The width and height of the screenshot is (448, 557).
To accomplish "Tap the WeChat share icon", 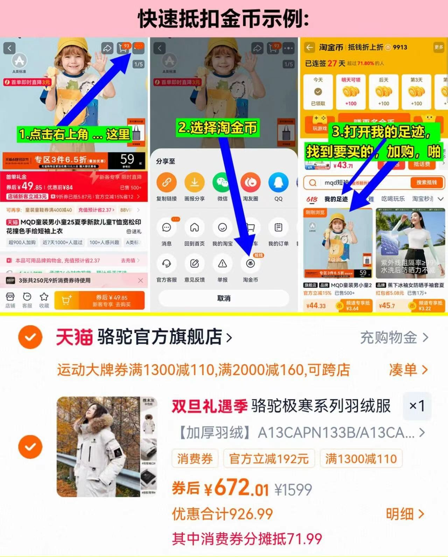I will tap(222, 183).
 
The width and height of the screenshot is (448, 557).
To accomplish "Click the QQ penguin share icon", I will tap(278, 183).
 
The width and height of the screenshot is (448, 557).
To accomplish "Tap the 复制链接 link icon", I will tap(167, 183).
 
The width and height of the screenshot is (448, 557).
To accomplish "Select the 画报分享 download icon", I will tap(195, 183).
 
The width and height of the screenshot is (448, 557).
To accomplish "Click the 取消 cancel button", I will tap(224, 298).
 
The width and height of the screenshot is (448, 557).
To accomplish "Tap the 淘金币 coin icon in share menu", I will tap(250, 264).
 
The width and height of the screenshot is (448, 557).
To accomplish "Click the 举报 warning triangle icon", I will tap(222, 264).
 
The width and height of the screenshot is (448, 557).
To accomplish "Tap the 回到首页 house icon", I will tap(195, 228).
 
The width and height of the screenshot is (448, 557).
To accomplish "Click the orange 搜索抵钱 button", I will tap(426, 183).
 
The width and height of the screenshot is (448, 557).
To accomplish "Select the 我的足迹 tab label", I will tap(336, 199).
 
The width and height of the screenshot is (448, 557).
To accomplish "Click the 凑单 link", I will tap(408, 369).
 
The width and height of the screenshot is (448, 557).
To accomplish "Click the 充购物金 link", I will tap(394, 338).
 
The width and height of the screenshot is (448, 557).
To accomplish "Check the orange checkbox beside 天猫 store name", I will tap(30, 337).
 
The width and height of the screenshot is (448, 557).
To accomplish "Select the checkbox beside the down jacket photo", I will tap(30, 447).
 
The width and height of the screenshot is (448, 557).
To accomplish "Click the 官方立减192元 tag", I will tap(269, 459).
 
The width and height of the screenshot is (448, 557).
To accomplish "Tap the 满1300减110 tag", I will tap(361, 459).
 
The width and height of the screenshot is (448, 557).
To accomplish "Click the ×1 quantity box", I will tap(417, 406).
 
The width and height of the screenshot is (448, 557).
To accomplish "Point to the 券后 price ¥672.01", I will tap(237, 488).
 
